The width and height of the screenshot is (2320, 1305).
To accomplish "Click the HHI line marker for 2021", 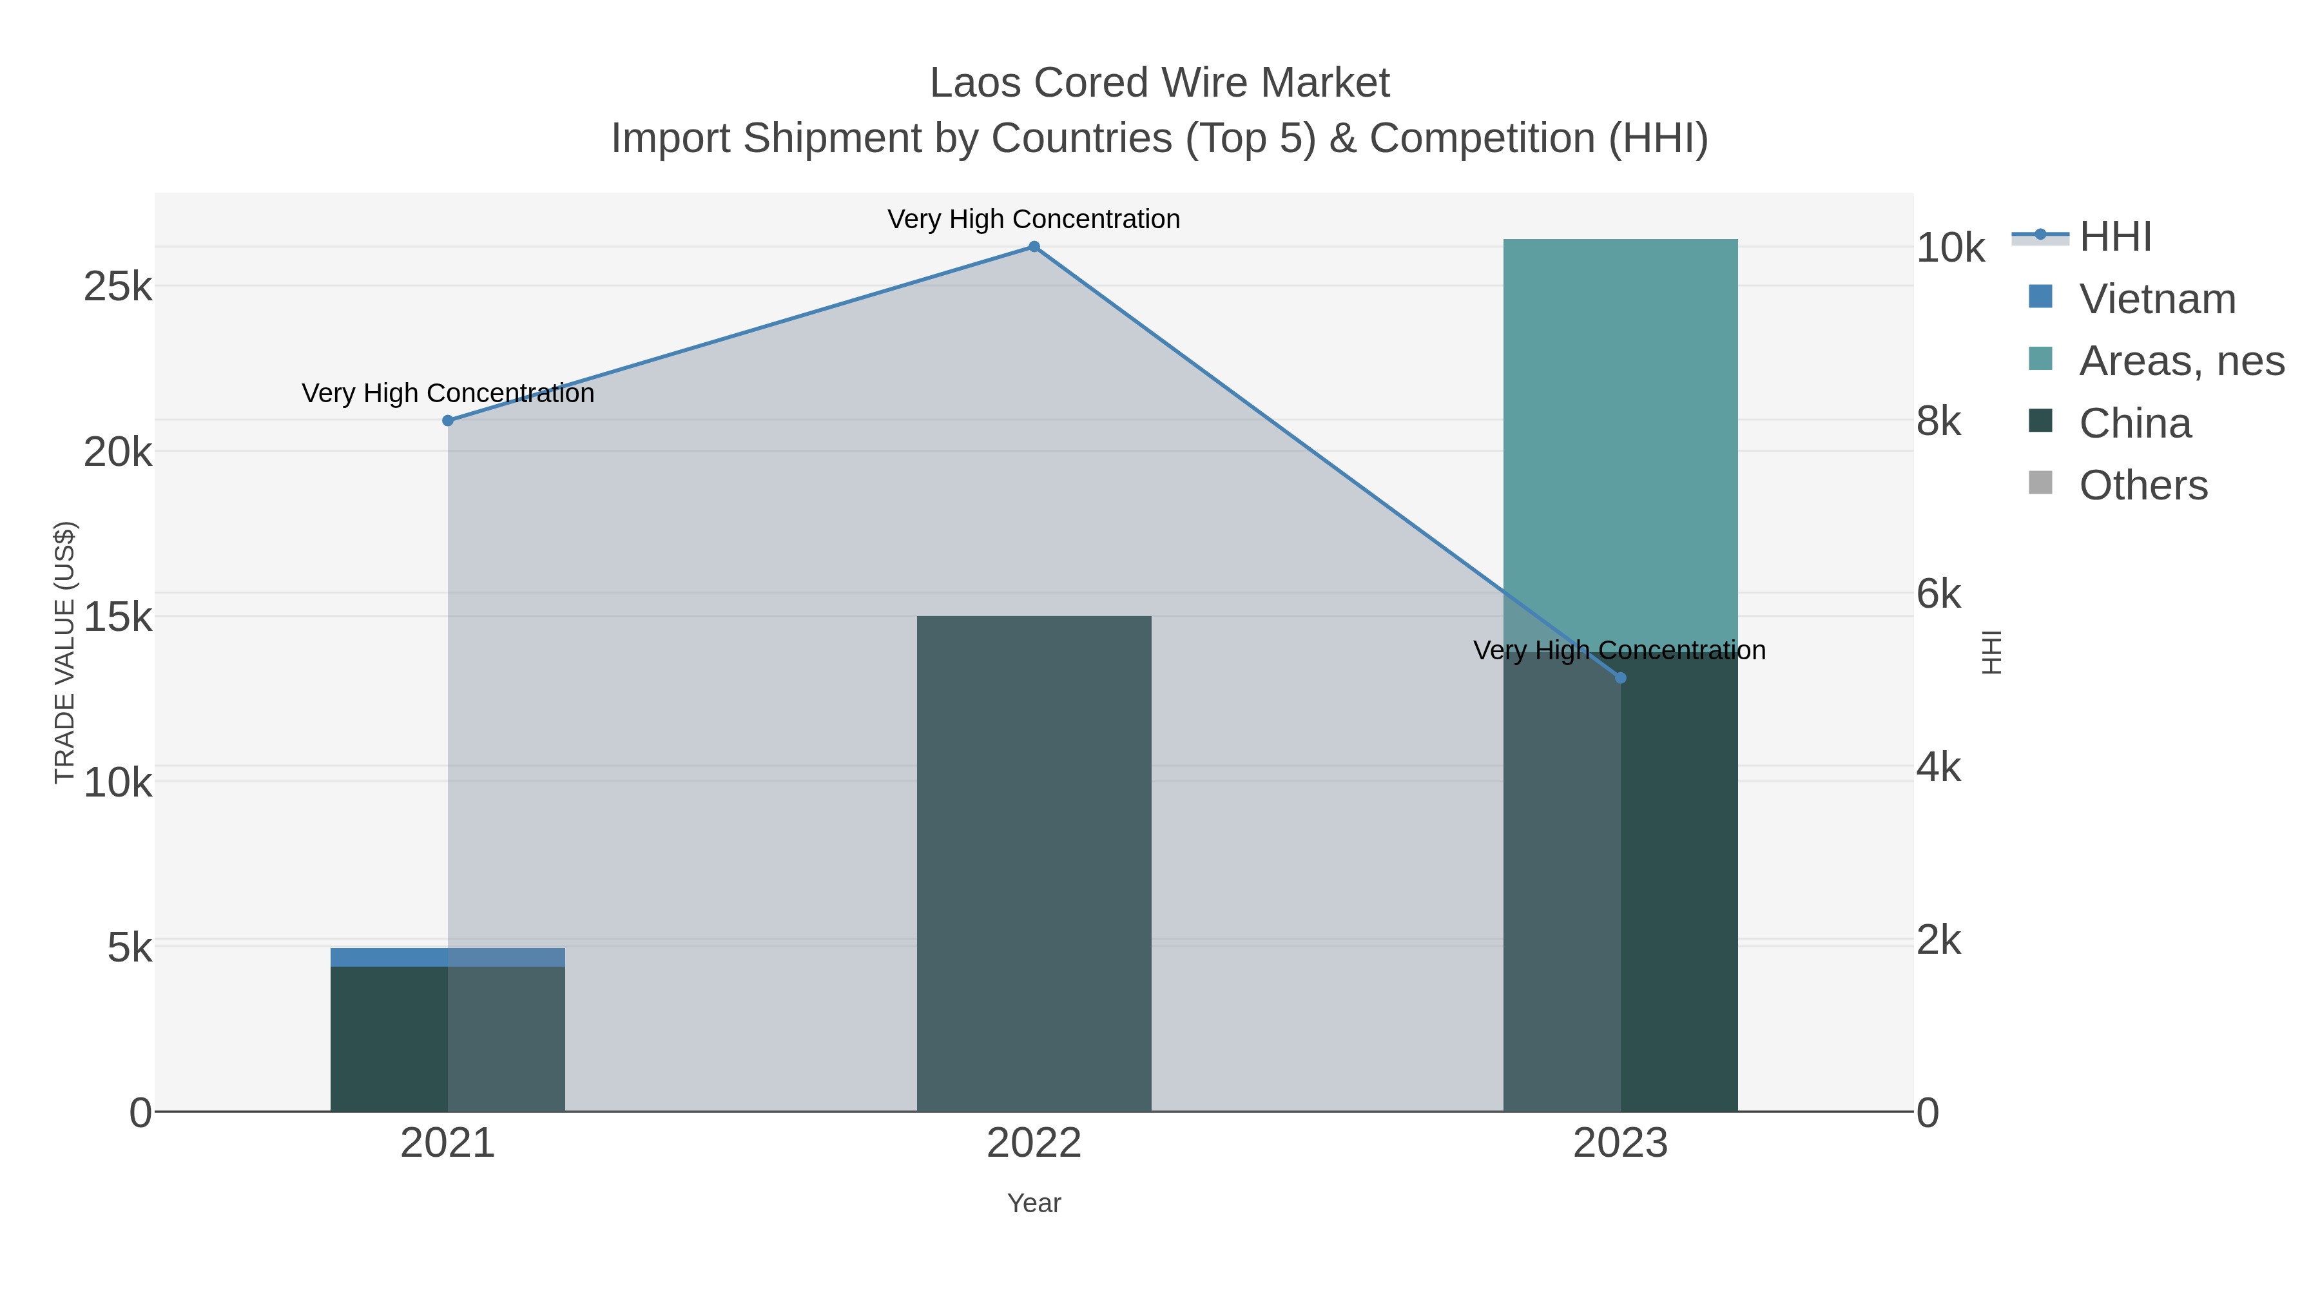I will (x=448, y=421).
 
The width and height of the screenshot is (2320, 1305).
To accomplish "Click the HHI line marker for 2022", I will (x=1034, y=247).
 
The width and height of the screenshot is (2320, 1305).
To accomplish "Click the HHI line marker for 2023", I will (x=1620, y=677).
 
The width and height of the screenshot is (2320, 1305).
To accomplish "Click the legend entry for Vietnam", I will (x=2157, y=299).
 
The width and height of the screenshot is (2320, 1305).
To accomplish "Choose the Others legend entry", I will (x=2143, y=485).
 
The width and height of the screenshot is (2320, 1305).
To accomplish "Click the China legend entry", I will (x=2134, y=423).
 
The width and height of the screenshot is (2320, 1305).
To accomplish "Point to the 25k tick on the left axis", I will (x=118, y=287).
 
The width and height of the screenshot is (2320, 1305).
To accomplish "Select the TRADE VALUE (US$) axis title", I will (x=65, y=652).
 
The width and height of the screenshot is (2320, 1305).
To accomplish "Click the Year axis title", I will (x=1034, y=1203).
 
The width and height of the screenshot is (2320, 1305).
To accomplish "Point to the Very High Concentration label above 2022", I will (x=1033, y=219).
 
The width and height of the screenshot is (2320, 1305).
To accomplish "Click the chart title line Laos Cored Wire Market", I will (x=1159, y=83).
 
